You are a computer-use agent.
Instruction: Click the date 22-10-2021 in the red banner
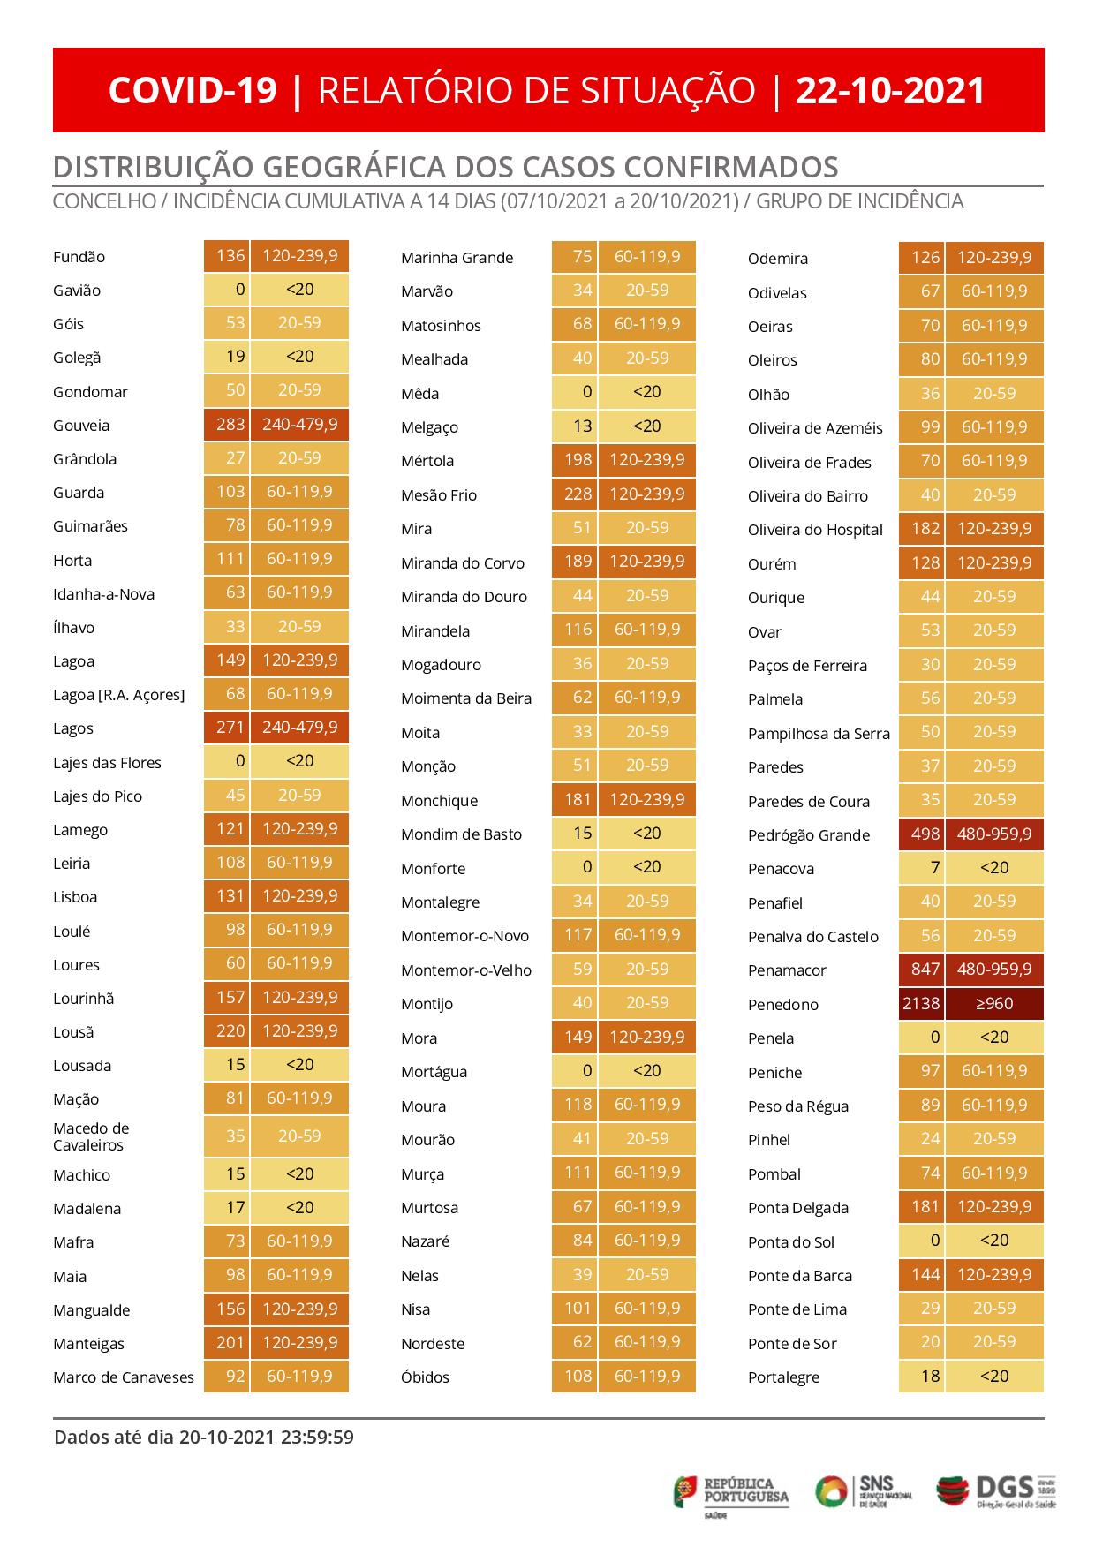point(890,91)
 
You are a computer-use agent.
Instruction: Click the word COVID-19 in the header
point(193,91)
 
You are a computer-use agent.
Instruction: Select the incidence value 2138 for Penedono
point(921,1004)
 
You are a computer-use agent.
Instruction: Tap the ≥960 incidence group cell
point(994,1004)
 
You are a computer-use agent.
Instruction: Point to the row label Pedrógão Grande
point(808,835)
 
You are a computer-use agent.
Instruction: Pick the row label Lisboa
point(75,897)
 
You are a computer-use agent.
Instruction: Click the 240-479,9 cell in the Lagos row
point(299,728)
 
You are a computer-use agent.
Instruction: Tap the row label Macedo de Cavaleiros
point(91,1136)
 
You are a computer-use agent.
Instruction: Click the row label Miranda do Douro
point(464,597)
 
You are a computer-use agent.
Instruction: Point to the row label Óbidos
point(425,1377)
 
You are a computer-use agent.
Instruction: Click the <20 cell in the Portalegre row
point(994,1376)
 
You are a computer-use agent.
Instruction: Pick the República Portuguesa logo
point(732,1494)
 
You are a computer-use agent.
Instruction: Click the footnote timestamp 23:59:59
point(317,1438)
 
